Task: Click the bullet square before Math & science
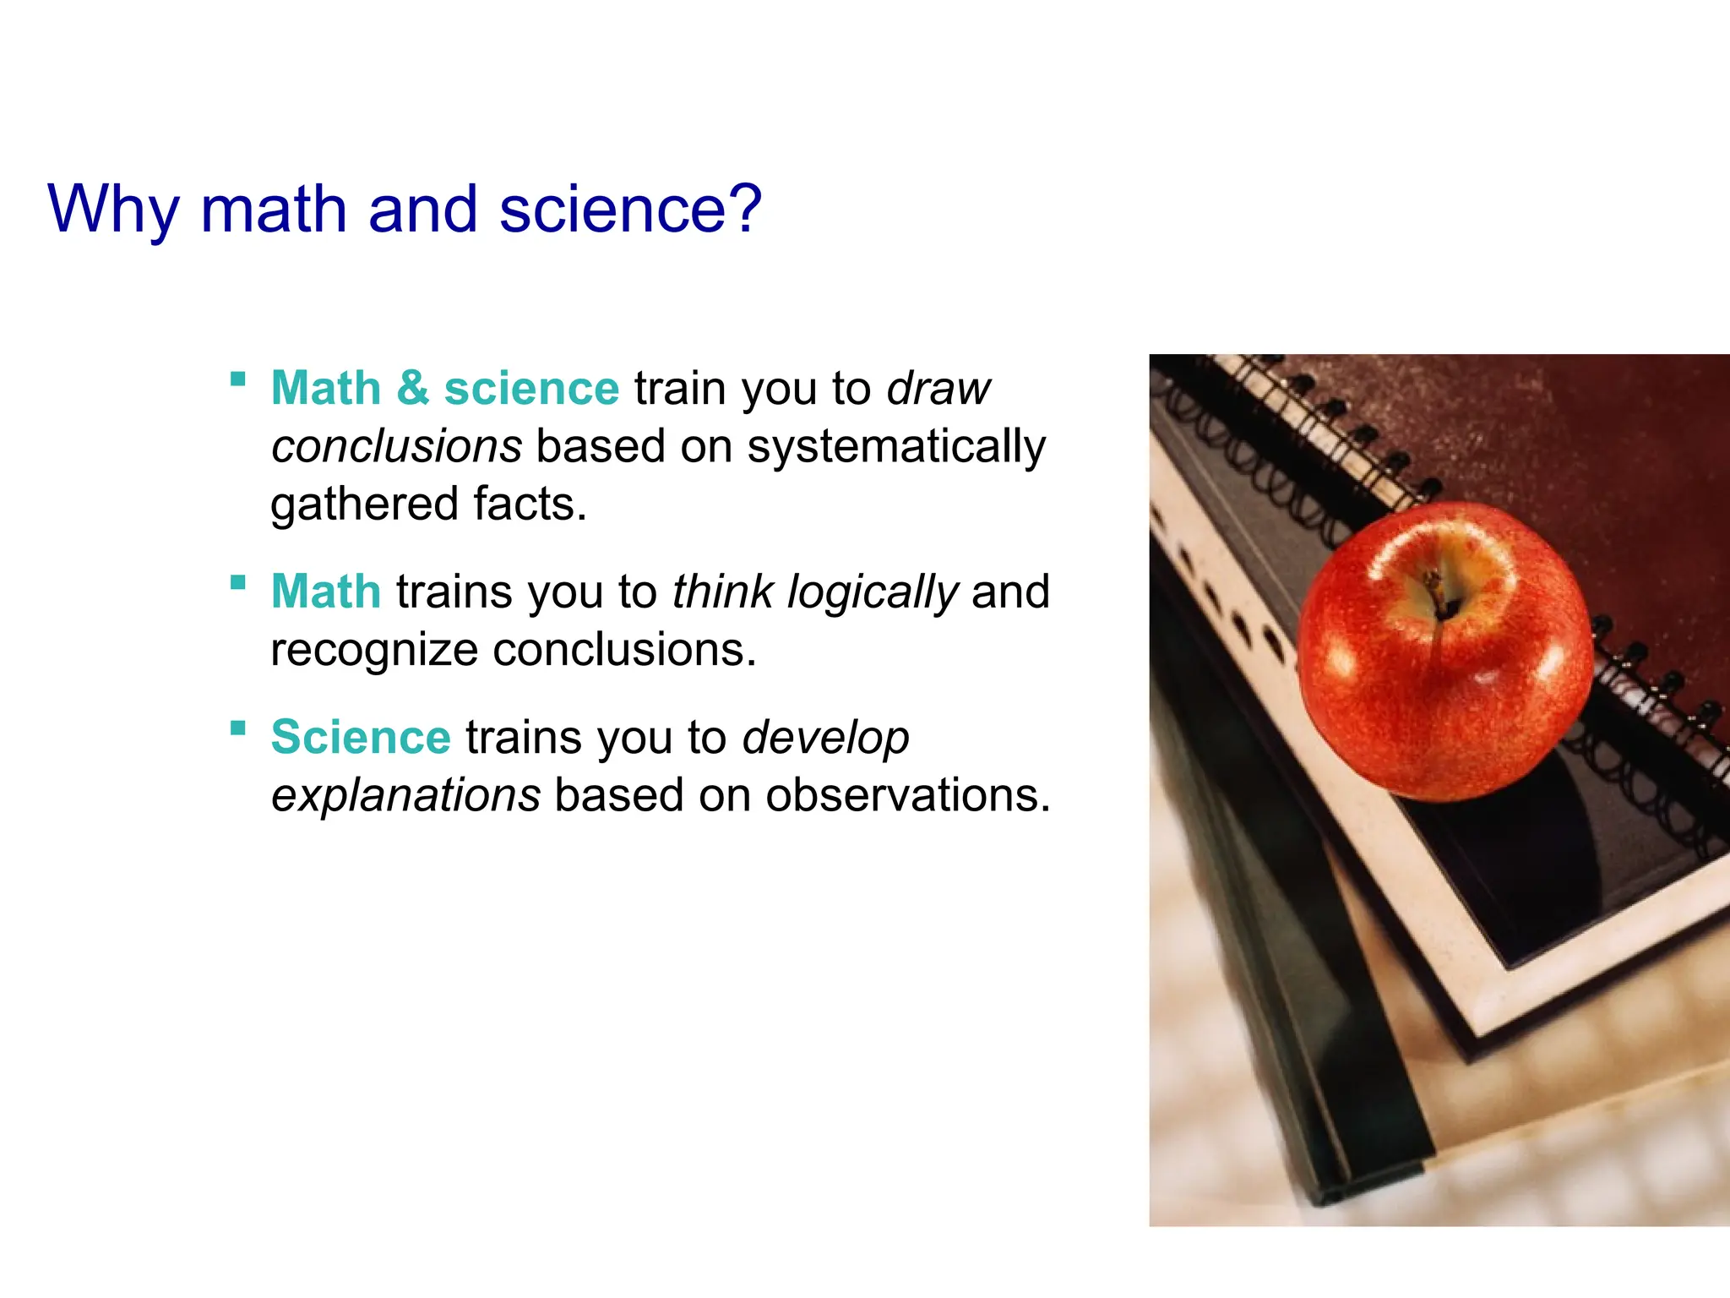point(238,379)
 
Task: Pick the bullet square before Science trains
point(238,728)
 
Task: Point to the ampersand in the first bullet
point(412,389)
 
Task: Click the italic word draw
point(938,389)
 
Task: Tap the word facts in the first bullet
point(529,504)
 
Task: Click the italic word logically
point(873,592)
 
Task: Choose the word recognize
point(374,651)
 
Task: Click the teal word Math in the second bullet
point(326,592)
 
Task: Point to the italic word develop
point(825,739)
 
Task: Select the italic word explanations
point(405,796)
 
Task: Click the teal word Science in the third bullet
point(361,737)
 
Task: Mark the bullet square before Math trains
point(238,582)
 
